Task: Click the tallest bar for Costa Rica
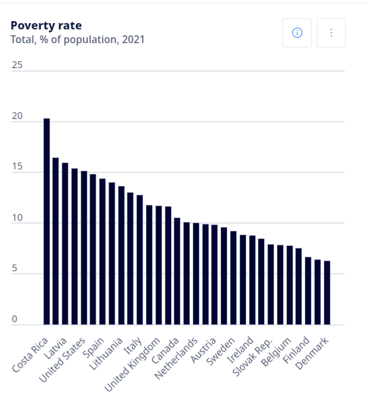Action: pyautogui.click(x=47, y=221)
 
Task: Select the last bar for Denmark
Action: pyautogui.click(x=327, y=292)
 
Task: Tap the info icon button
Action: pyautogui.click(x=297, y=33)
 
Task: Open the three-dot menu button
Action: pyautogui.click(x=331, y=33)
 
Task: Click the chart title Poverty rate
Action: pyautogui.click(x=46, y=25)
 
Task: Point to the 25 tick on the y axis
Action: pyautogui.click(x=17, y=65)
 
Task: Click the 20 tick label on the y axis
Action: pyautogui.click(x=17, y=116)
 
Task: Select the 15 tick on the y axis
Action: pyautogui.click(x=17, y=167)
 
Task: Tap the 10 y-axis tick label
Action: pyautogui.click(x=17, y=218)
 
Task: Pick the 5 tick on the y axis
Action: pyautogui.click(x=15, y=268)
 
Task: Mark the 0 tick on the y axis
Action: pyautogui.click(x=15, y=319)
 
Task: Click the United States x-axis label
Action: pyautogui.click(x=63, y=360)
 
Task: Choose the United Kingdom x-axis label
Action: pyautogui.click(x=132, y=365)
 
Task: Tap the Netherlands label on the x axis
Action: pyautogui.click(x=176, y=358)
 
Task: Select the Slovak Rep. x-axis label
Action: pyautogui.click(x=252, y=357)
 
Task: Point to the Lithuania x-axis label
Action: pyautogui.click(x=106, y=354)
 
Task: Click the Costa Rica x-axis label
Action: pyautogui.click(x=30, y=355)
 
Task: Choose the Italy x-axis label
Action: pyautogui.click(x=133, y=346)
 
